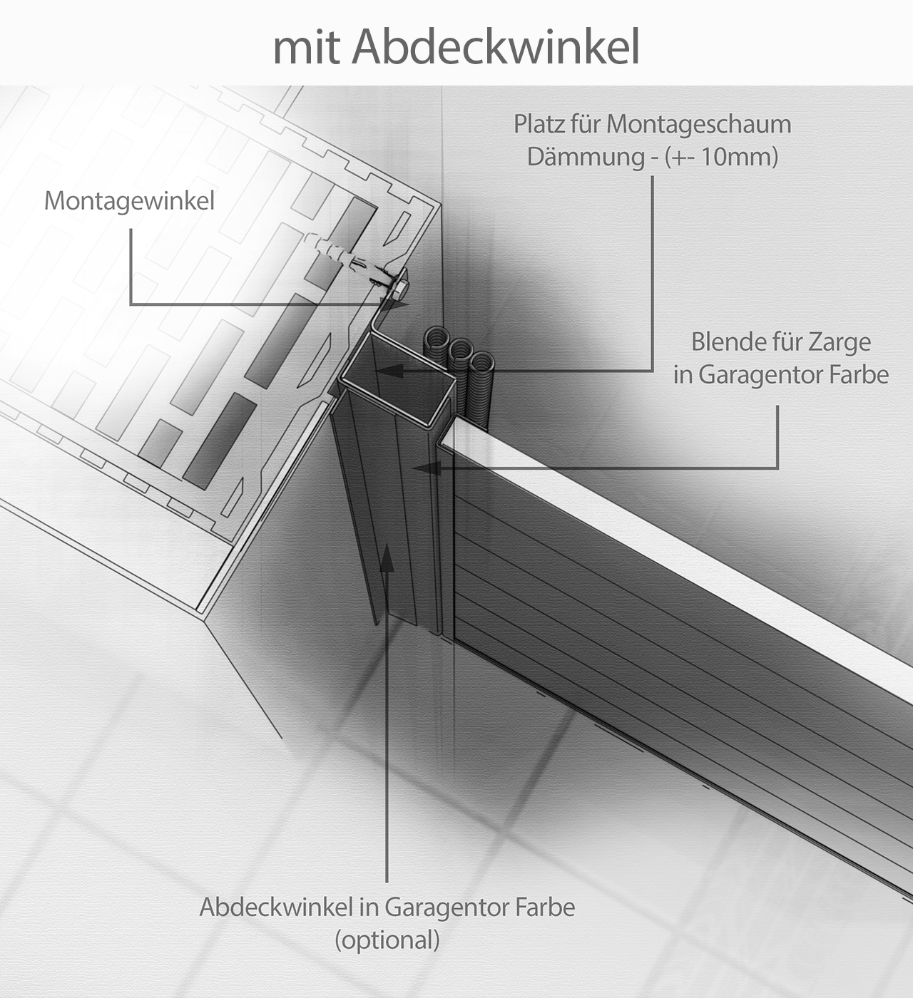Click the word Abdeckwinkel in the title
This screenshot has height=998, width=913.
[x=495, y=47]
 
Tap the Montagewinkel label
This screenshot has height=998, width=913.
[x=129, y=201]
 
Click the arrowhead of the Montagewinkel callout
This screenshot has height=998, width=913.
[x=397, y=304]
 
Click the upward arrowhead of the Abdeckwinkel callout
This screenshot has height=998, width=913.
[x=387, y=557]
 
